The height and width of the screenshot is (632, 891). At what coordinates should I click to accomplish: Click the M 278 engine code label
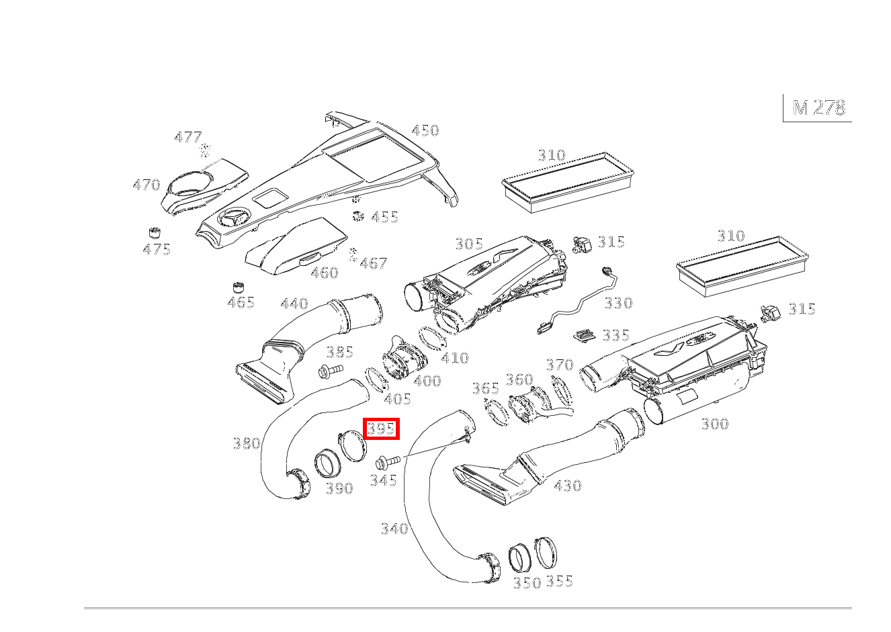(818, 108)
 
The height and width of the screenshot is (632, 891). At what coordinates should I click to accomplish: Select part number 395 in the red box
(381, 428)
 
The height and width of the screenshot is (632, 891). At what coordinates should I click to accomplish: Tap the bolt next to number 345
(386, 461)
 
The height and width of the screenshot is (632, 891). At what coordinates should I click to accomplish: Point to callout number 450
(425, 130)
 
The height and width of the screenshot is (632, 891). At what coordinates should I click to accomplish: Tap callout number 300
(714, 424)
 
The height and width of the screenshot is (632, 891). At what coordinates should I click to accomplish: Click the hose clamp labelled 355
(548, 552)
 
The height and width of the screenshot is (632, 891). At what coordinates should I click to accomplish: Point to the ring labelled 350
(519, 557)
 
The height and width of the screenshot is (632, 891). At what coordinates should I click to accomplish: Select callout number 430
(568, 485)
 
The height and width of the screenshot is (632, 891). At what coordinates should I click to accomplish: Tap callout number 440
(294, 304)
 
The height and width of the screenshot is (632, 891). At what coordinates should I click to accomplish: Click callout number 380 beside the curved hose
(246, 443)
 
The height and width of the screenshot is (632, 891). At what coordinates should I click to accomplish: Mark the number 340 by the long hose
(394, 529)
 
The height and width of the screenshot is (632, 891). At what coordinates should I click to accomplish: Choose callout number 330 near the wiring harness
(618, 303)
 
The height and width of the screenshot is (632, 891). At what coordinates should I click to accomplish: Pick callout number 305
(469, 244)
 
